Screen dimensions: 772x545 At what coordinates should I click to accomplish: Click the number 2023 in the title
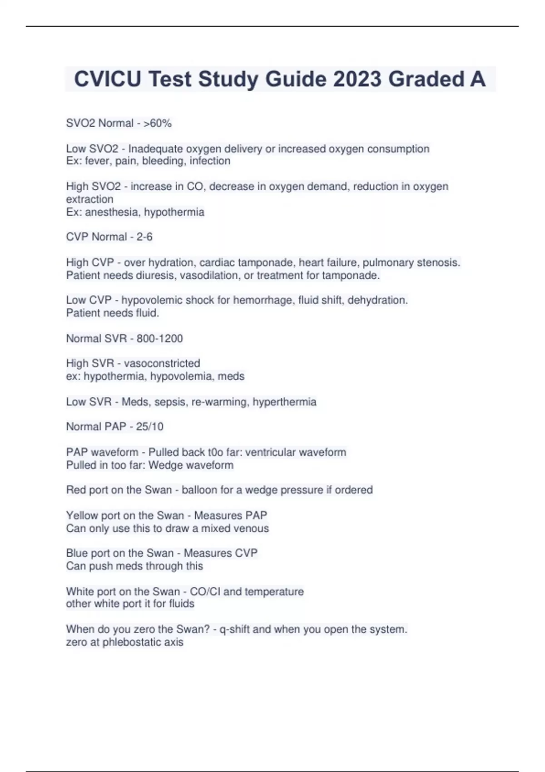[357, 79]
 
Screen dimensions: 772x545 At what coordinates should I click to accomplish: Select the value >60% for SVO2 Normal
[158, 123]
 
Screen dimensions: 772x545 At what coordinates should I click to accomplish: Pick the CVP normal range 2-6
[144, 237]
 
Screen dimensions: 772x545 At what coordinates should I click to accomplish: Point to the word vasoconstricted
[162, 363]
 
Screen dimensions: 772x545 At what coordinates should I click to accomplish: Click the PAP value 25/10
[149, 426]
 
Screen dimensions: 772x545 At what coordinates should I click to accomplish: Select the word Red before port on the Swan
[75, 490]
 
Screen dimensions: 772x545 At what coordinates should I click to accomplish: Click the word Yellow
[82, 515]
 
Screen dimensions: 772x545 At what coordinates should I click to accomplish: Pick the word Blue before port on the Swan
[77, 553]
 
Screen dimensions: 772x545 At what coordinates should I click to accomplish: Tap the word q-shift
[234, 629]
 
